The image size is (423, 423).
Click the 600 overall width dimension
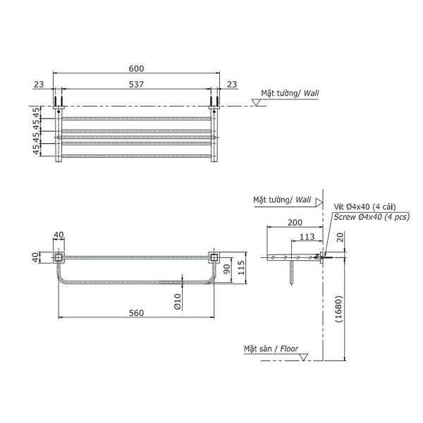tap(137, 68)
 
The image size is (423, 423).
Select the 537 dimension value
tap(137, 85)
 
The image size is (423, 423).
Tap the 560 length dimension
tap(137, 313)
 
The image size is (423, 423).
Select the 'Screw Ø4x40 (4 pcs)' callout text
tap(371, 217)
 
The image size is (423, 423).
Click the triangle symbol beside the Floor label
tap(303, 357)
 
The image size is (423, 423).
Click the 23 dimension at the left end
tap(38, 85)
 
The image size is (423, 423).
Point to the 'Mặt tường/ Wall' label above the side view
tap(282, 200)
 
